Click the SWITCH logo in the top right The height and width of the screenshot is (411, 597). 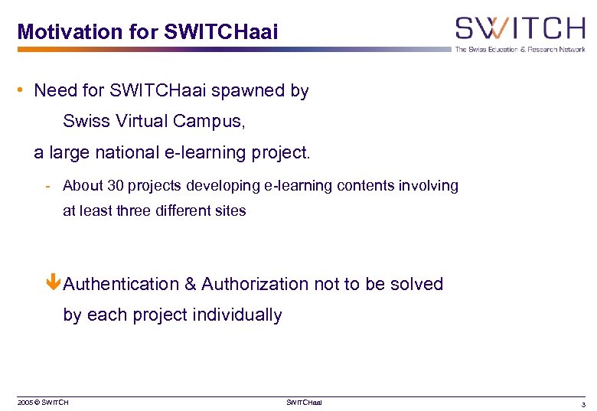(x=520, y=29)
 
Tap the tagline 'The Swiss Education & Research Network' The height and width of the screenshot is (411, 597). (x=520, y=50)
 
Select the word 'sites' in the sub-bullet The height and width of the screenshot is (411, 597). (x=230, y=211)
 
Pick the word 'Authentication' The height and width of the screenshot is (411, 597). (x=120, y=284)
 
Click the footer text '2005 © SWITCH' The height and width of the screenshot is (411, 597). (x=43, y=403)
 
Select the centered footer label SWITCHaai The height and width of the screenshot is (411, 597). (x=304, y=403)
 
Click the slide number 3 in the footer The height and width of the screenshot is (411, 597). (x=583, y=403)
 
